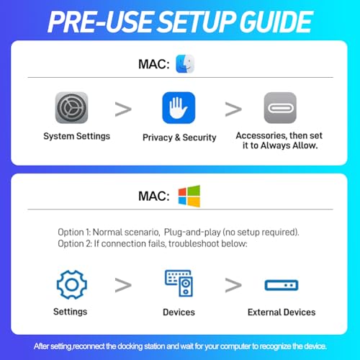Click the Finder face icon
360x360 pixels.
click(x=185, y=64)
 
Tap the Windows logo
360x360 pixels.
click(x=189, y=196)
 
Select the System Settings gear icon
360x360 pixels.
click(x=71, y=108)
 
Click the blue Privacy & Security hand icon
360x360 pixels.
click(x=179, y=108)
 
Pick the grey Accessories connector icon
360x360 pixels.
click(x=280, y=108)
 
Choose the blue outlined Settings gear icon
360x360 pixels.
click(x=72, y=284)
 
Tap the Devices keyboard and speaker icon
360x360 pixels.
click(x=179, y=283)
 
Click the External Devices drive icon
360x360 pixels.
click(x=282, y=285)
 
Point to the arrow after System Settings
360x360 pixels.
click(x=123, y=109)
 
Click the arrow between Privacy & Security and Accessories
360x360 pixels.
click(x=233, y=109)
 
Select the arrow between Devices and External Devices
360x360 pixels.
click(x=233, y=285)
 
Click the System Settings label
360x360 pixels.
click(x=76, y=136)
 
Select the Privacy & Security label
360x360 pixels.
click(x=179, y=138)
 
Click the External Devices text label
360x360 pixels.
click(x=282, y=312)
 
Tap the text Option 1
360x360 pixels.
click(x=74, y=233)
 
